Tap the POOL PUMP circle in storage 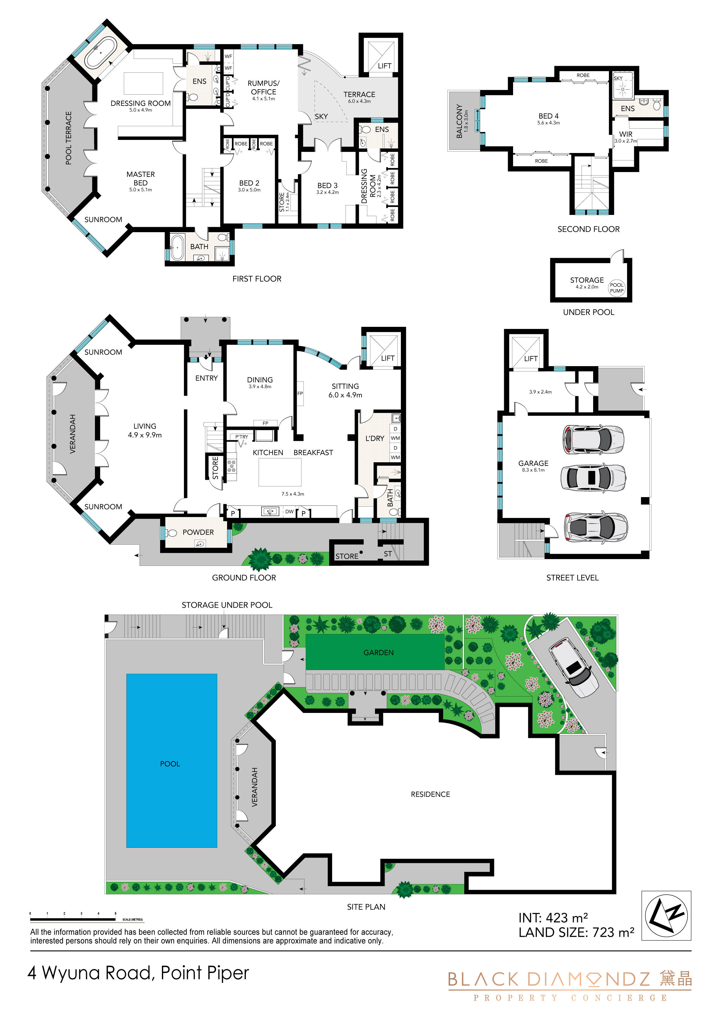coord(617,288)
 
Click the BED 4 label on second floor coord(548,116)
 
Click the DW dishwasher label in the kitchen coord(289,511)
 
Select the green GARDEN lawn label coord(378,652)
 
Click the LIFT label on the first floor coord(385,66)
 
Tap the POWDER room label coord(198,532)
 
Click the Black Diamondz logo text coord(548,979)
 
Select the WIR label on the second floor coord(626,134)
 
